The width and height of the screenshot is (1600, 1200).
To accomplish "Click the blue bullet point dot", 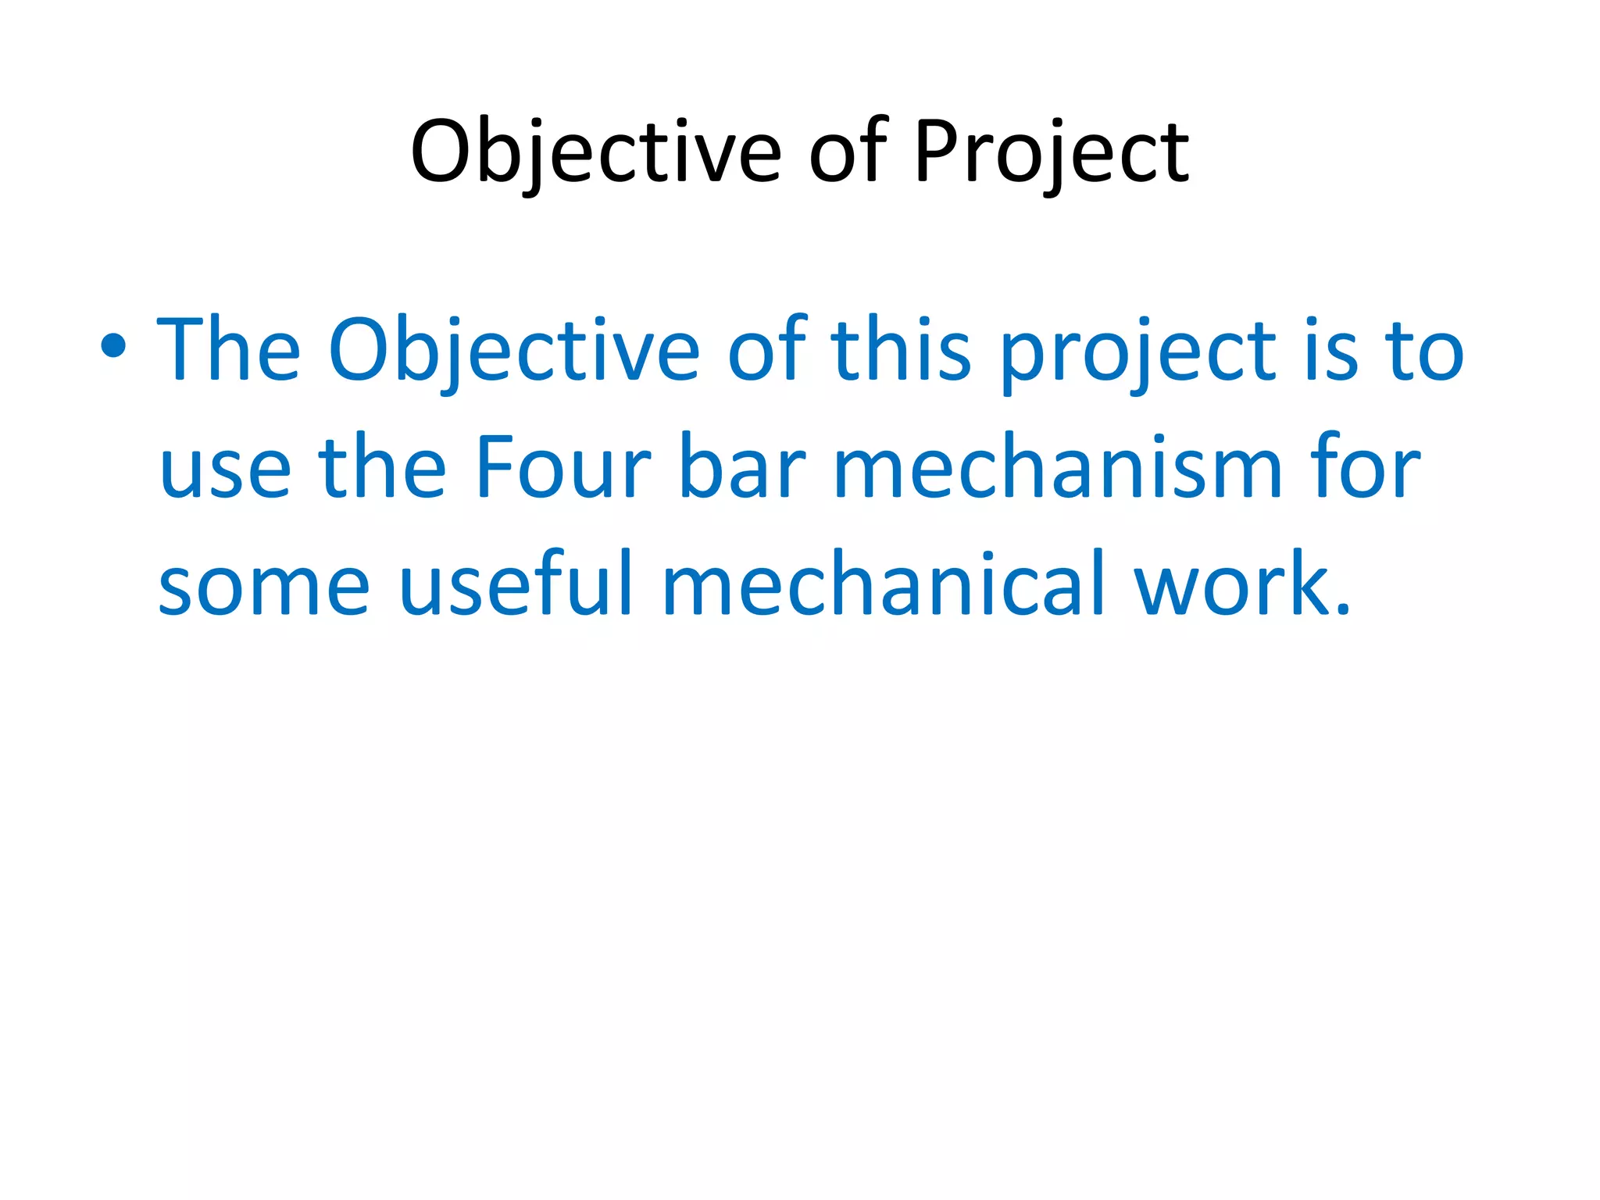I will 114,345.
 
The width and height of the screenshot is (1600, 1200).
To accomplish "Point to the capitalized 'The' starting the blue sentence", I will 229,349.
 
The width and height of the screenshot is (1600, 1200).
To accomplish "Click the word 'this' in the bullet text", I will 901,349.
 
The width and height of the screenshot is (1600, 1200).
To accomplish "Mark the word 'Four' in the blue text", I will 562,466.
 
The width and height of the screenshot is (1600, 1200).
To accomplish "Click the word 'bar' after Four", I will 742,466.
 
